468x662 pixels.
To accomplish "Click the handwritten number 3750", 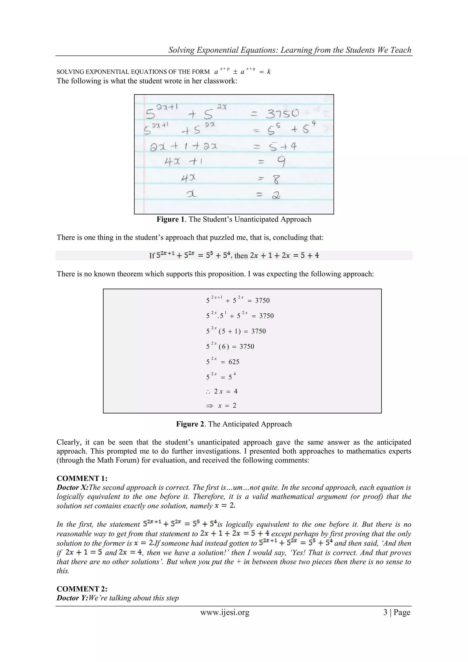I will click(x=282, y=114).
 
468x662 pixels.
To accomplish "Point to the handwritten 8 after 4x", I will click(x=276, y=179).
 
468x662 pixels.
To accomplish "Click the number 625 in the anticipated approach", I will click(x=234, y=362).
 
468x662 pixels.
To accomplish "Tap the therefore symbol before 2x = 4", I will click(x=208, y=391).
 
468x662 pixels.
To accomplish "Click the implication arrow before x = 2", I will click(x=210, y=406).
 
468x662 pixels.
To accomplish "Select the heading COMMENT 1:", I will click(x=82, y=479).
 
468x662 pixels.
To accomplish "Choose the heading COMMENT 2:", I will click(x=82, y=589).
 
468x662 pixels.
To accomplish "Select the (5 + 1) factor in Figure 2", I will click(x=229, y=331).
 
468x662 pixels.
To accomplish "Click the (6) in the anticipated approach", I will click(x=224, y=347).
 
